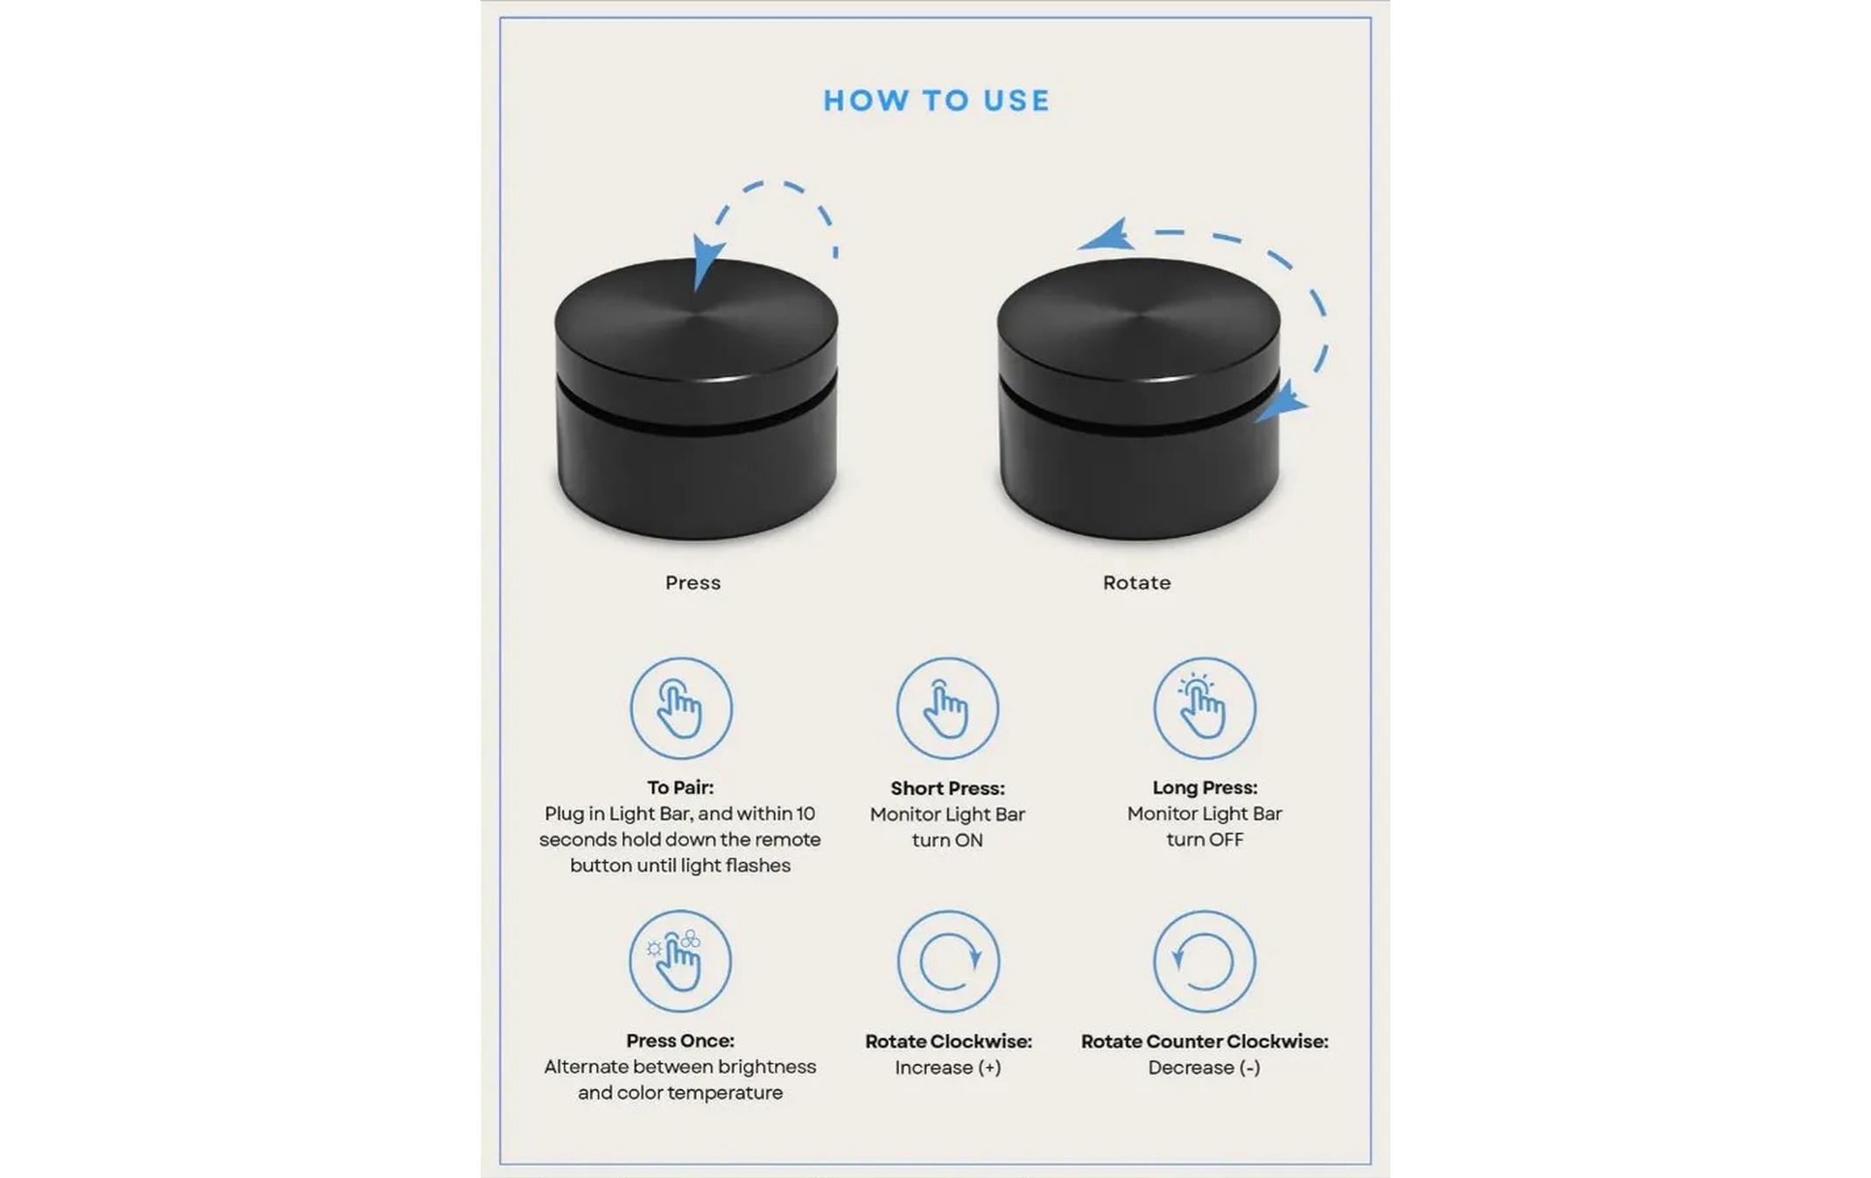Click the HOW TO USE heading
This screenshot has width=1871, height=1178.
(x=936, y=101)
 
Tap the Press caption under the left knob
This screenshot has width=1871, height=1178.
(x=693, y=582)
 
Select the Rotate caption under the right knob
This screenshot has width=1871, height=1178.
(x=1136, y=582)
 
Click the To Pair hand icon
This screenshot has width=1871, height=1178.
(x=681, y=708)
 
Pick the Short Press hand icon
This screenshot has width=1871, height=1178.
(x=947, y=708)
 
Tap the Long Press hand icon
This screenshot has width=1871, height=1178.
(x=1205, y=708)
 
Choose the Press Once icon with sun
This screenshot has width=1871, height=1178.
(x=680, y=961)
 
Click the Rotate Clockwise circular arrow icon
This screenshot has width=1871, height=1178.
(x=948, y=961)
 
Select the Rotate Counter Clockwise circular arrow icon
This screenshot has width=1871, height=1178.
(x=1205, y=961)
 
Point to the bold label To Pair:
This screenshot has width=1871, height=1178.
(x=680, y=787)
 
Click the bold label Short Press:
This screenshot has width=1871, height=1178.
(x=947, y=788)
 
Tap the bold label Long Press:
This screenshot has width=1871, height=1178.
(x=1205, y=787)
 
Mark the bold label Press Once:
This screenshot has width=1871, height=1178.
(x=680, y=1040)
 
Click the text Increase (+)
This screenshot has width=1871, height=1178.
(x=948, y=1068)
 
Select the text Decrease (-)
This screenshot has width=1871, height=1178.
(x=1204, y=1068)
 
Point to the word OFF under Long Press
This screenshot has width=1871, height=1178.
(x=1226, y=839)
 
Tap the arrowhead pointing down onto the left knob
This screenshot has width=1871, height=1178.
(x=706, y=261)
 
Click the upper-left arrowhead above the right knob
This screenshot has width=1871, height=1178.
(x=1108, y=236)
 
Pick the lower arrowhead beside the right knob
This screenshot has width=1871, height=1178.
(x=1283, y=402)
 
